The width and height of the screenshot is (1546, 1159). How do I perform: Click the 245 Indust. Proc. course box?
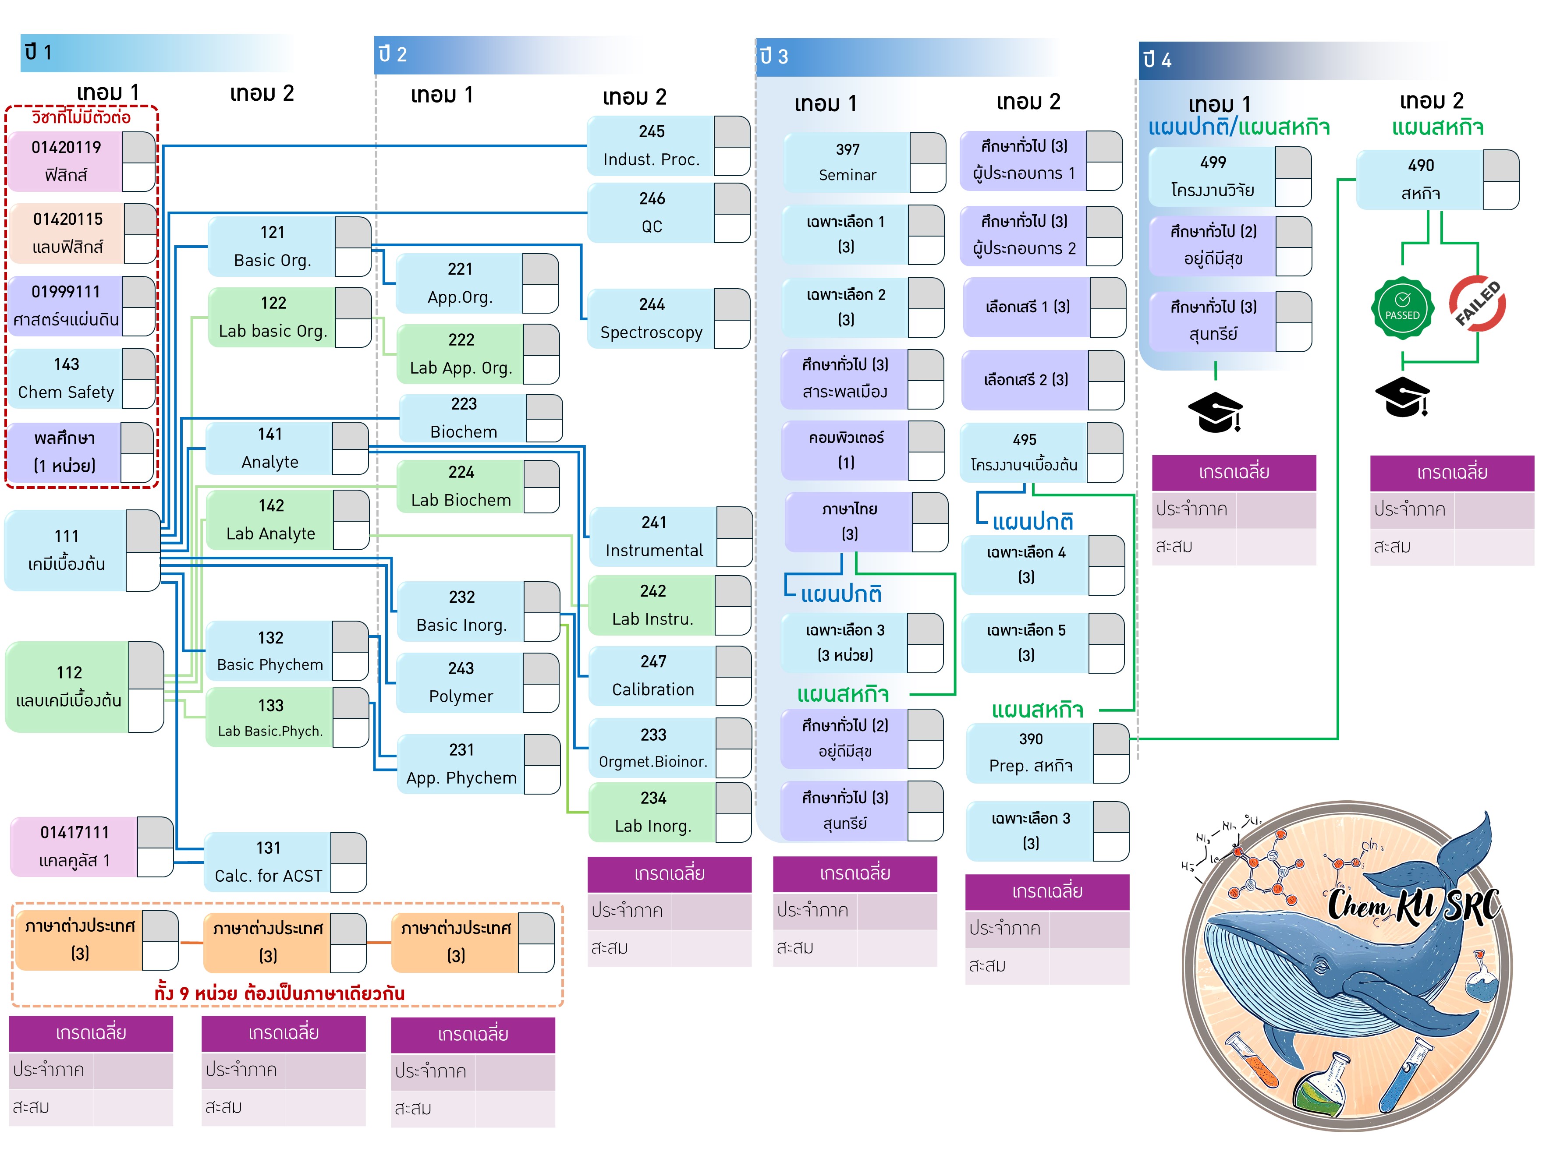click(x=651, y=145)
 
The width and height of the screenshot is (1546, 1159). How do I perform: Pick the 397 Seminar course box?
click(x=847, y=162)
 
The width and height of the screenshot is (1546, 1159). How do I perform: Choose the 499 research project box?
click(x=1213, y=176)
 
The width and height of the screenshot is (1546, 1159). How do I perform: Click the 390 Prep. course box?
click(x=1030, y=753)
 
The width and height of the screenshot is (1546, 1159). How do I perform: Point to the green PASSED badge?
click(x=1402, y=308)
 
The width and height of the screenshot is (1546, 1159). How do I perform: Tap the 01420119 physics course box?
click(x=67, y=161)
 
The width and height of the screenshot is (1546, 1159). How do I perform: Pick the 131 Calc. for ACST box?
click(x=268, y=862)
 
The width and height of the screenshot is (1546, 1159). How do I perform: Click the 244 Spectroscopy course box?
click(x=651, y=318)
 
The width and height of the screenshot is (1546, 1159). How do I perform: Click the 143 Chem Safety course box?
click(x=67, y=378)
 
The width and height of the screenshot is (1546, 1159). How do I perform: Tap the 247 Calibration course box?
click(x=653, y=675)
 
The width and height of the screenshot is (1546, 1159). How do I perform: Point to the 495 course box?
click(x=1024, y=452)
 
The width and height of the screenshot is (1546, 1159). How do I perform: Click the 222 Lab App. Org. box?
click(x=461, y=353)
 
